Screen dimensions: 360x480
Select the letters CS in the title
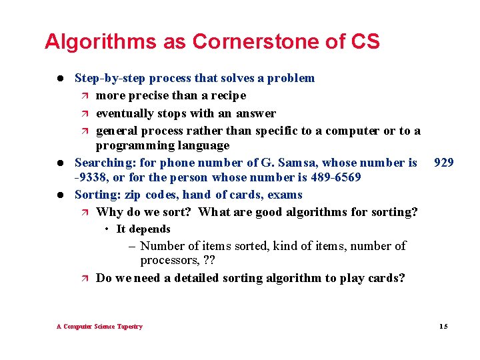pos(363,42)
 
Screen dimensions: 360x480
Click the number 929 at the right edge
pos(443,162)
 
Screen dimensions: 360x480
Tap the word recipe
pos(229,96)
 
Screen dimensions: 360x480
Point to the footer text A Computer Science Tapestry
pos(99,326)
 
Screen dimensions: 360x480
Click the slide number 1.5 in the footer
pos(443,326)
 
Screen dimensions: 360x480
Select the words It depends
pos(143,229)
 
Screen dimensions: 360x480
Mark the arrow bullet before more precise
pos(84,96)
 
